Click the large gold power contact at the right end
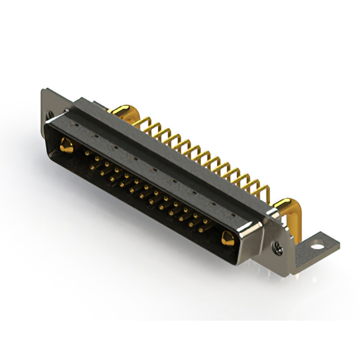227,238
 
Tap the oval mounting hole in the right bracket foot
318,245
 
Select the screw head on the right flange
277,246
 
